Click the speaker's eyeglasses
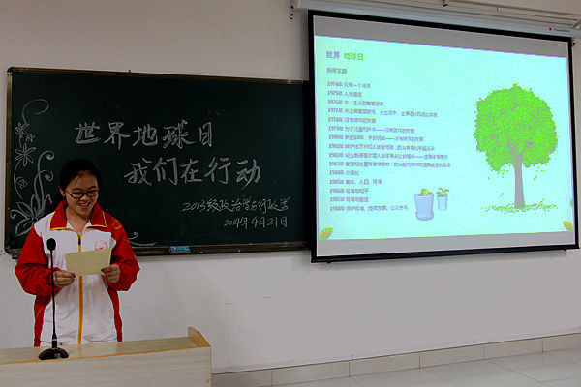click(x=82, y=193)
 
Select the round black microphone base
click(x=53, y=353)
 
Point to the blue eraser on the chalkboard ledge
click(x=180, y=249)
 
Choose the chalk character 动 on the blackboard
click(x=247, y=171)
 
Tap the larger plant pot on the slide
click(x=424, y=204)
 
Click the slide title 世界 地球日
click(x=345, y=57)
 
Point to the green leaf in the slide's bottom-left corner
click(x=325, y=233)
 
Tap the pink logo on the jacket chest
click(x=101, y=246)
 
